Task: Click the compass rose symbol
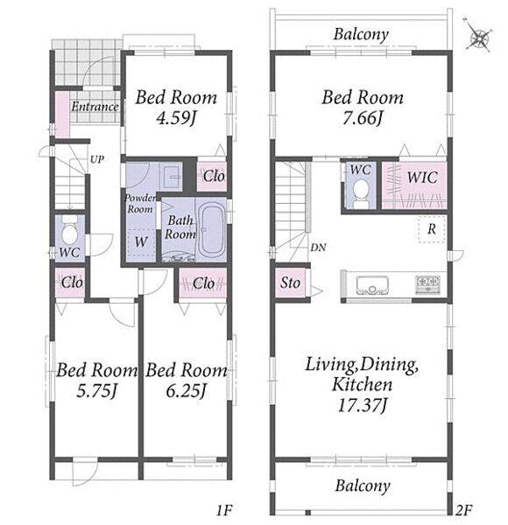(x=479, y=36)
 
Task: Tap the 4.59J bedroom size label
(x=176, y=118)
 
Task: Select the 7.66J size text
(x=363, y=118)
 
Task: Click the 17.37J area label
(x=363, y=405)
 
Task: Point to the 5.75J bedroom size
(x=96, y=390)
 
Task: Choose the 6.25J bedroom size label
(x=186, y=390)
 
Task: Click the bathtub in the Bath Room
(x=210, y=231)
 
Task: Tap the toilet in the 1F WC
(x=70, y=230)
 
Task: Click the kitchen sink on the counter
(x=372, y=283)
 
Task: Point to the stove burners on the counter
(x=427, y=283)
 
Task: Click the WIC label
(x=422, y=177)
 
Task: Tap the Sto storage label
(x=290, y=283)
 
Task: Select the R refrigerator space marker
(x=432, y=229)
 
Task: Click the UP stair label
(x=97, y=159)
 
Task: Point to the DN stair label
(x=318, y=248)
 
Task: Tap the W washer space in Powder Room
(x=141, y=242)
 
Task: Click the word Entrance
(x=95, y=107)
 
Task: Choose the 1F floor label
(x=224, y=511)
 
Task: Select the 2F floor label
(x=463, y=511)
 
